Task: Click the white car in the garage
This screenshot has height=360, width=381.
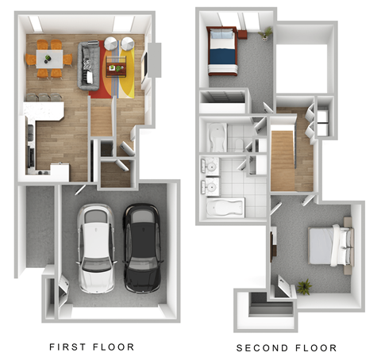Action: click(x=96, y=247)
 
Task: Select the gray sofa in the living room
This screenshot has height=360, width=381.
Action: click(x=86, y=63)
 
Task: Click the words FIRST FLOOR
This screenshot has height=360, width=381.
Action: click(x=92, y=347)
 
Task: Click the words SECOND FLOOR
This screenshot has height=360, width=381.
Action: click(x=286, y=347)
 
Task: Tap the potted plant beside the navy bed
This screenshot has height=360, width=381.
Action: click(x=267, y=33)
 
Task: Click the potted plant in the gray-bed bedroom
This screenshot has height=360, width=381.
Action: click(x=304, y=284)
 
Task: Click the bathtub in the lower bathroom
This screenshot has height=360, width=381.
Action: click(x=226, y=208)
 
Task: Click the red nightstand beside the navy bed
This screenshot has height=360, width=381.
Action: click(x=242, y=34)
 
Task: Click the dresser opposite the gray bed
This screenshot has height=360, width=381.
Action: click(x=274, y=246)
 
